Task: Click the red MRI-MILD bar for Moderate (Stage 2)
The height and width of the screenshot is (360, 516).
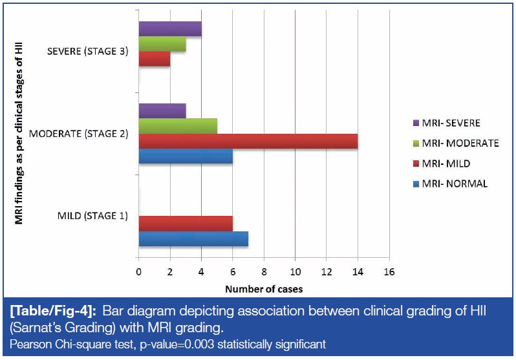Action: pyautogui.click(x=248, y=142)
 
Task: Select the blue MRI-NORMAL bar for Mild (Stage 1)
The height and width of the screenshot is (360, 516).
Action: pyautogui.click(x=193, y=238)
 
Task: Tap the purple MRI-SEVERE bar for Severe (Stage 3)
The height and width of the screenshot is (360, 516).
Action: pyautogui.click(x=170, y=28)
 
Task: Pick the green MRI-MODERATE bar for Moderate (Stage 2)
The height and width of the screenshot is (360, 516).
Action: pyautogui.click(x=178, y=126)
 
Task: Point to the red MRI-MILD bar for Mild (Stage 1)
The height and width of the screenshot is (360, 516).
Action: pyautogui.click(x=186, y=223)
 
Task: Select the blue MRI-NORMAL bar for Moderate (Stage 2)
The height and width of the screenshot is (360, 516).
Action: pyautogui.click(x=186, y=158)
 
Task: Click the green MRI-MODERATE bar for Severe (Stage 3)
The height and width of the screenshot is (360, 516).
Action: pyautogui.click(x=162, y=45)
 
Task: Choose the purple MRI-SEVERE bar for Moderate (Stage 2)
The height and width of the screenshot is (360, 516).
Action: pyautogui.click(x=162, y=110)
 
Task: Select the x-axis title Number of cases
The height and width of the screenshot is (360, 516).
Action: pyautogui.click(x=264, y=288)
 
